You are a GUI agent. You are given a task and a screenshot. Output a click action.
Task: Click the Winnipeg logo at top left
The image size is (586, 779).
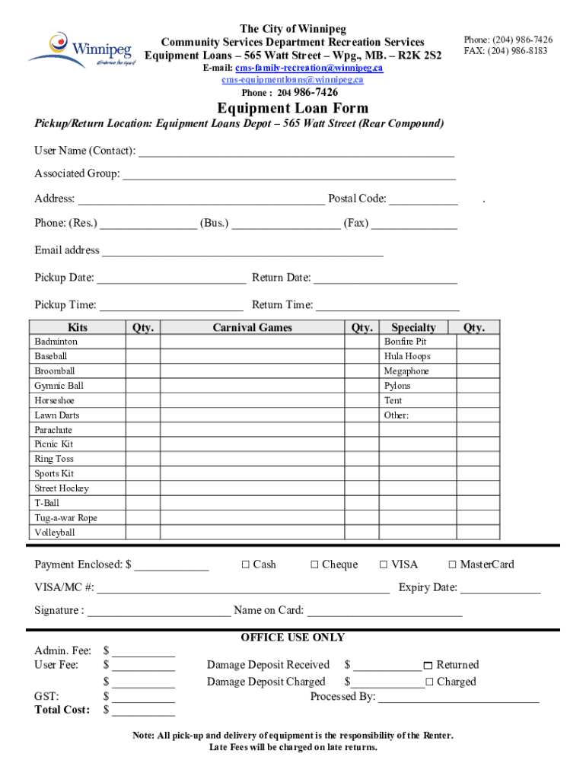(79, 49)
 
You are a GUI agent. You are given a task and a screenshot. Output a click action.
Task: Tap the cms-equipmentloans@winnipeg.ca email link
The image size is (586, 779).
(292, 80)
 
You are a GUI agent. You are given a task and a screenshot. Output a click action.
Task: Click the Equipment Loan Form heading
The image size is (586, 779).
(292, 108)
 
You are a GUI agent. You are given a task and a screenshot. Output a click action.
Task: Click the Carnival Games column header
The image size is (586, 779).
(252, 328)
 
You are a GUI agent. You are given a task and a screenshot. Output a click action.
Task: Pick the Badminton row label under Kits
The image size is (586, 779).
(56, 342)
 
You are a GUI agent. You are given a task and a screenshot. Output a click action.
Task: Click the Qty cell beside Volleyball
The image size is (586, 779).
(142, 533)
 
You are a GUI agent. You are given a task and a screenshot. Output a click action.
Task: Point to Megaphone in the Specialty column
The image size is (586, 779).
(406, 371)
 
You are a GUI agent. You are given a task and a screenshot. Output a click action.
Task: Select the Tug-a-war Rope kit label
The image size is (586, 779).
(65, 518)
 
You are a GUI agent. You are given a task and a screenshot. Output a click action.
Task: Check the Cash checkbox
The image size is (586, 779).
(245, 564)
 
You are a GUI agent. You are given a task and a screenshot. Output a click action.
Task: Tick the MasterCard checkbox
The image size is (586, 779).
(452, 564)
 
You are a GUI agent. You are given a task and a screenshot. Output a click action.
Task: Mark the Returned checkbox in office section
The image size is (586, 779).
(428, 666)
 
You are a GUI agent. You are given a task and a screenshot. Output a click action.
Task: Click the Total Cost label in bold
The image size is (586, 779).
(62, 710)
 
